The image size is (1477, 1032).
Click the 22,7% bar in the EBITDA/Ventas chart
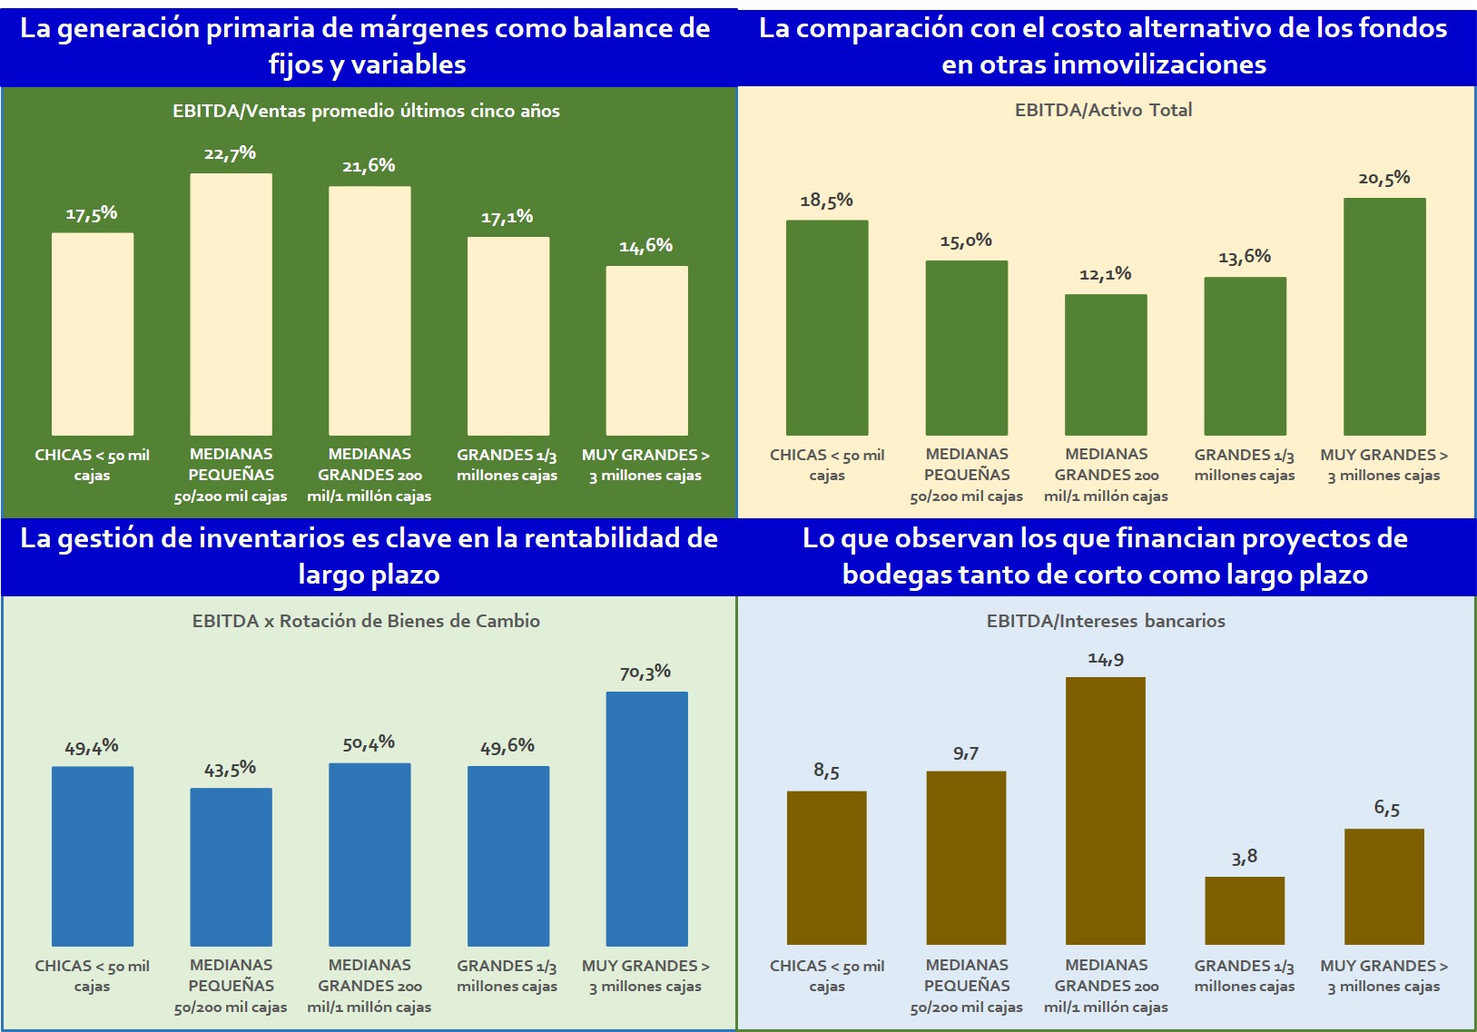231,304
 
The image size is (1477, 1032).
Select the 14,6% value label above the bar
645,246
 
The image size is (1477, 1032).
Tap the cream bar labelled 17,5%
93,334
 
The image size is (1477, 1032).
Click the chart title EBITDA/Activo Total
1103,110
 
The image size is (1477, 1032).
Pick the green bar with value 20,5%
1384,316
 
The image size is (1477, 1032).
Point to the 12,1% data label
1105,274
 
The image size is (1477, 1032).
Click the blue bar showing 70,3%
646,819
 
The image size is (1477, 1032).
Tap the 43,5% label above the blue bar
230,770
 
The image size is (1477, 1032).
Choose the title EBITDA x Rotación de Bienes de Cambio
366,621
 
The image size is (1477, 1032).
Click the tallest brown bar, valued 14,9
1105,811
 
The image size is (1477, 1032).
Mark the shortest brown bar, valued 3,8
1245,910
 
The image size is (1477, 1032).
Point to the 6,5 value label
1386,808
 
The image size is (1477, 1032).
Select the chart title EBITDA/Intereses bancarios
1106,621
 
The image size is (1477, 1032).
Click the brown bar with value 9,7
966,858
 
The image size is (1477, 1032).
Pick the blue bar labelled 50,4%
369,854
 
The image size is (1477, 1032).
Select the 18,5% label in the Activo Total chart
826,201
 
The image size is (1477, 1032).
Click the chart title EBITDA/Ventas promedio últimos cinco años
366,111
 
